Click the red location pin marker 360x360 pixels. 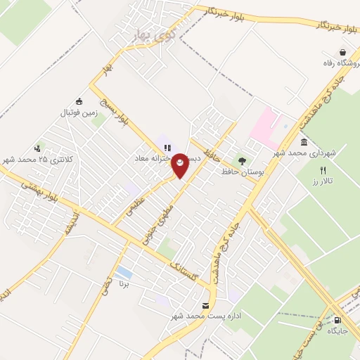click(181, 165)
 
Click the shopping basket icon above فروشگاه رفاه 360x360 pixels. click(342, 52)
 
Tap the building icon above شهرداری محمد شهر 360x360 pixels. click(304, 143)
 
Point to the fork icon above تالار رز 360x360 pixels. click(323, 169)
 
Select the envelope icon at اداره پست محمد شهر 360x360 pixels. click(205, 305)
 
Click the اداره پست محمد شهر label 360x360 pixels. click(206, 316)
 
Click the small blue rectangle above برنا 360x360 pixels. click(124, 271)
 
